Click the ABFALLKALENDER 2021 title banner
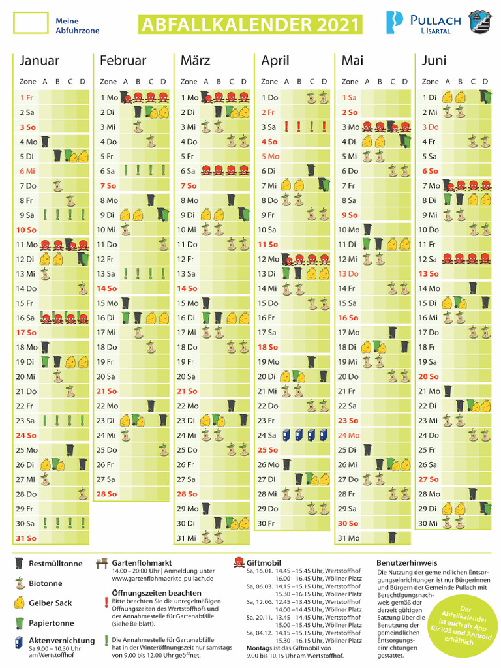[x=249, y=25]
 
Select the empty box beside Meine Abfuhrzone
[x=31, y=23]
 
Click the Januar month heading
[x=39, y=61]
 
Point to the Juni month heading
[x=434, y=61]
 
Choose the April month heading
[x=275, y=61]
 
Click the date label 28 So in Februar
[x=107, y=494]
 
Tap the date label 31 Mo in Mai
[x=349, y=538]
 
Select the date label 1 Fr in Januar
[x=26, y=97]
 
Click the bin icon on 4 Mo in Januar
[x=45, y=141]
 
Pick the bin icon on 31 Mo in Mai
[x=392, y=538]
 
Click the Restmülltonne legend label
[x=55, y=564]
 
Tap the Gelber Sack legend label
[x=50, y=603]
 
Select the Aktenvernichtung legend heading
[x=61, y=641]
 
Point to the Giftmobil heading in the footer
[x=263, y=562]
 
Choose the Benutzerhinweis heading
[x=406, y=562]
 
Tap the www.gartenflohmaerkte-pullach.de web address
[x=162, y=579]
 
